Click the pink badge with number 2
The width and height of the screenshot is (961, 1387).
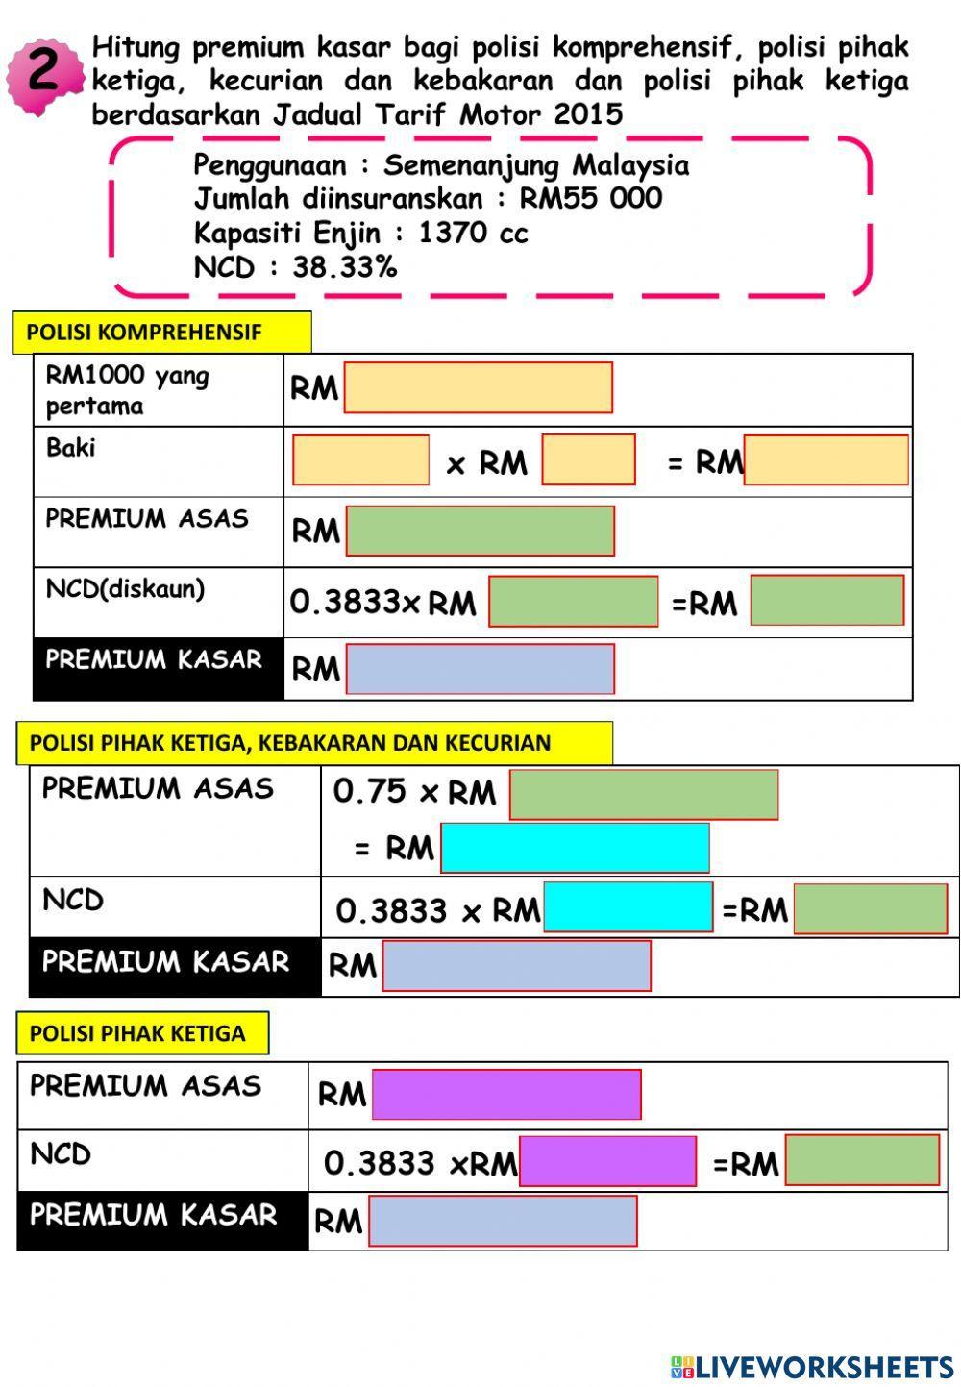[43, 75]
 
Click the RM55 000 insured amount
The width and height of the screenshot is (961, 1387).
[590, 199]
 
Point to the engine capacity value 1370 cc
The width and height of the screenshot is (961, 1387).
[473, 233]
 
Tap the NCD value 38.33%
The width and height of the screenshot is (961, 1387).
[344, 266]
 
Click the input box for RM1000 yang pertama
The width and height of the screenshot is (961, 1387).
[478, 387]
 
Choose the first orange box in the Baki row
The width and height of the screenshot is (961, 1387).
[360, 460]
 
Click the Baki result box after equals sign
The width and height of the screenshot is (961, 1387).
[825, 460]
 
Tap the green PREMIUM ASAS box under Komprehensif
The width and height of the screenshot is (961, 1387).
[480, 531]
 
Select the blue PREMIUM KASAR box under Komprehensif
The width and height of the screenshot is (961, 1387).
[480, 669]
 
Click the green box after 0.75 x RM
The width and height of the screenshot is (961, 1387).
[643, 795]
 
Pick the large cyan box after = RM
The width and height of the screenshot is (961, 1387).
[575, 848]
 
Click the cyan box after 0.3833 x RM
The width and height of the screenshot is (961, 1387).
[628, 907]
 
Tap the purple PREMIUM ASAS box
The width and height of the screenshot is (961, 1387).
[505, 1095]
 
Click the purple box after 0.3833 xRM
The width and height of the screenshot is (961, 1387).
[606, 1161]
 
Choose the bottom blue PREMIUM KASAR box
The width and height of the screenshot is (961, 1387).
[502, 1221]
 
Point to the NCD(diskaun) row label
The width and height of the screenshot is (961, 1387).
[125, 588]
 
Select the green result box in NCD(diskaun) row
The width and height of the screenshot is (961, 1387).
[826, 601]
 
